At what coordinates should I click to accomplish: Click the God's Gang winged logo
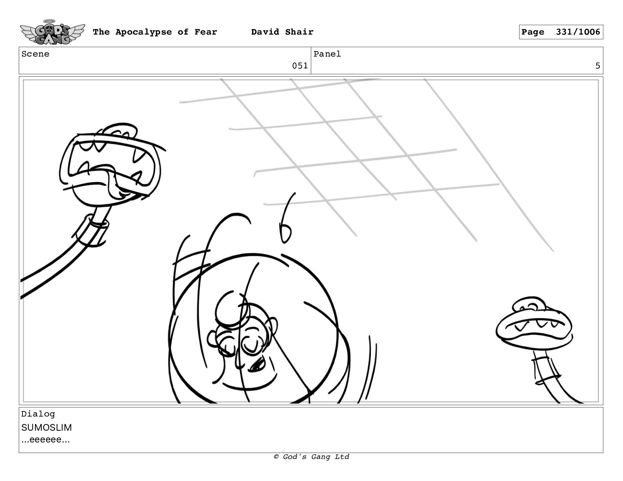[52, 32]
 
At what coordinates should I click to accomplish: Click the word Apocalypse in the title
[144, 32]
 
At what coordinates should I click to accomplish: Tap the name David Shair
[282, 32]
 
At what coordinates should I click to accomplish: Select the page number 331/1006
[578, 32]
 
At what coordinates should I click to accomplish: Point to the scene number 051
[300, 66]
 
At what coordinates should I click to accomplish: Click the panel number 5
[597, 66]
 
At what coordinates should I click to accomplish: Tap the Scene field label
[35, 54]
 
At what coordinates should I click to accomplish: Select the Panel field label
[327, 54]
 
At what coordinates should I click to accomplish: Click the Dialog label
[38, 414]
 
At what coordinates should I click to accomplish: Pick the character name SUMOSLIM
[46, 428]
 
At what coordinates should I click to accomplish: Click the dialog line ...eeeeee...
[46, 439]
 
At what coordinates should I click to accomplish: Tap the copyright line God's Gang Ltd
[311, 457]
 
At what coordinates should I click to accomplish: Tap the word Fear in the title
[206, 32]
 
